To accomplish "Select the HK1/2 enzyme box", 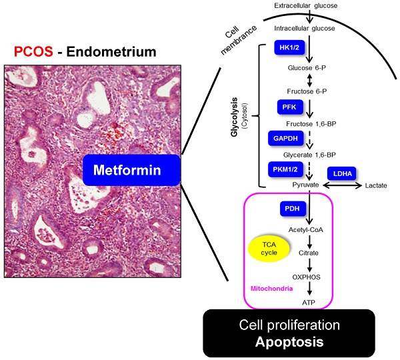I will (289, 48).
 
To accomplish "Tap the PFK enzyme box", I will (289, 107).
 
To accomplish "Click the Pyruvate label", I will (307, 184).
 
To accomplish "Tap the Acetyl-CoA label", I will (307, 229).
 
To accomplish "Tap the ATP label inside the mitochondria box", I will (307, 302).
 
